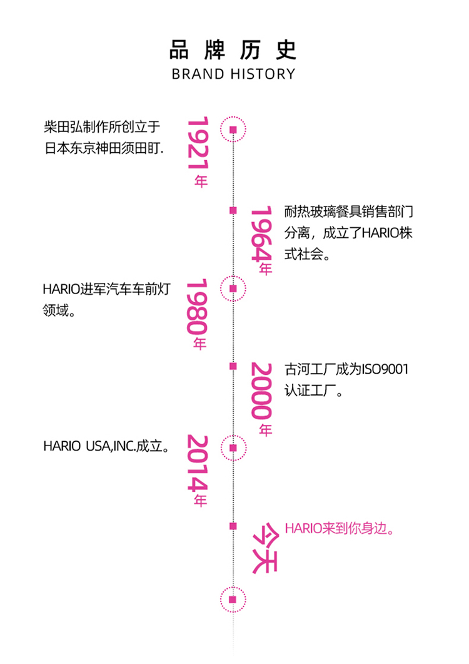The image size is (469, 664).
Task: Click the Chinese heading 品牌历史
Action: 233,50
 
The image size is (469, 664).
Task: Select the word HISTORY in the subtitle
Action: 263,74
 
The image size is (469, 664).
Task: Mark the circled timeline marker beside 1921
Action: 233,130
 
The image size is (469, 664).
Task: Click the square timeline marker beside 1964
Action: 233,210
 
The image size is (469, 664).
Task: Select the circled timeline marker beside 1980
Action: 233,289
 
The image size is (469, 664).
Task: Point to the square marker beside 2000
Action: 233,366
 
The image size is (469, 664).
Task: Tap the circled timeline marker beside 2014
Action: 233,448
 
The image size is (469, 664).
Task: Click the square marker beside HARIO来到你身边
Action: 233,526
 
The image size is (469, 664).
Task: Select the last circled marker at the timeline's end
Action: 233,599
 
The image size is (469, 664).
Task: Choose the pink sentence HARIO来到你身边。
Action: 341,529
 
